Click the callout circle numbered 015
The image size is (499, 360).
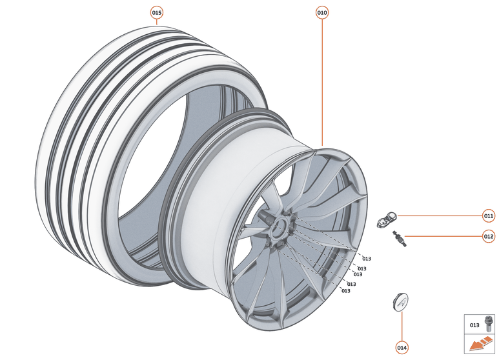pyautogui.click(x=157, y=13)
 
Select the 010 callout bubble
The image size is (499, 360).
pyautogui.click(x=322, y=13)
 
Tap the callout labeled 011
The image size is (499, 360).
pyautogui.click(x=489, y=215)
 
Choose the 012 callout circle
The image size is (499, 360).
pyautogui.click(x=489, y=236)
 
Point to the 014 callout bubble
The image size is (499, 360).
pyautogui.click(x=402, y=348)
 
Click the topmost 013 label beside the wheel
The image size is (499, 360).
pyautogui.click(x=367, y=259)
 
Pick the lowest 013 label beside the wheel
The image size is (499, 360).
pyautogui.click(x=346, y=291)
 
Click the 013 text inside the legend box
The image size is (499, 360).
pyautogui.click(x=474, y=325)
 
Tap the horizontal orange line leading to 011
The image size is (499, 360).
pyautogui.click(x=439, y=215)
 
